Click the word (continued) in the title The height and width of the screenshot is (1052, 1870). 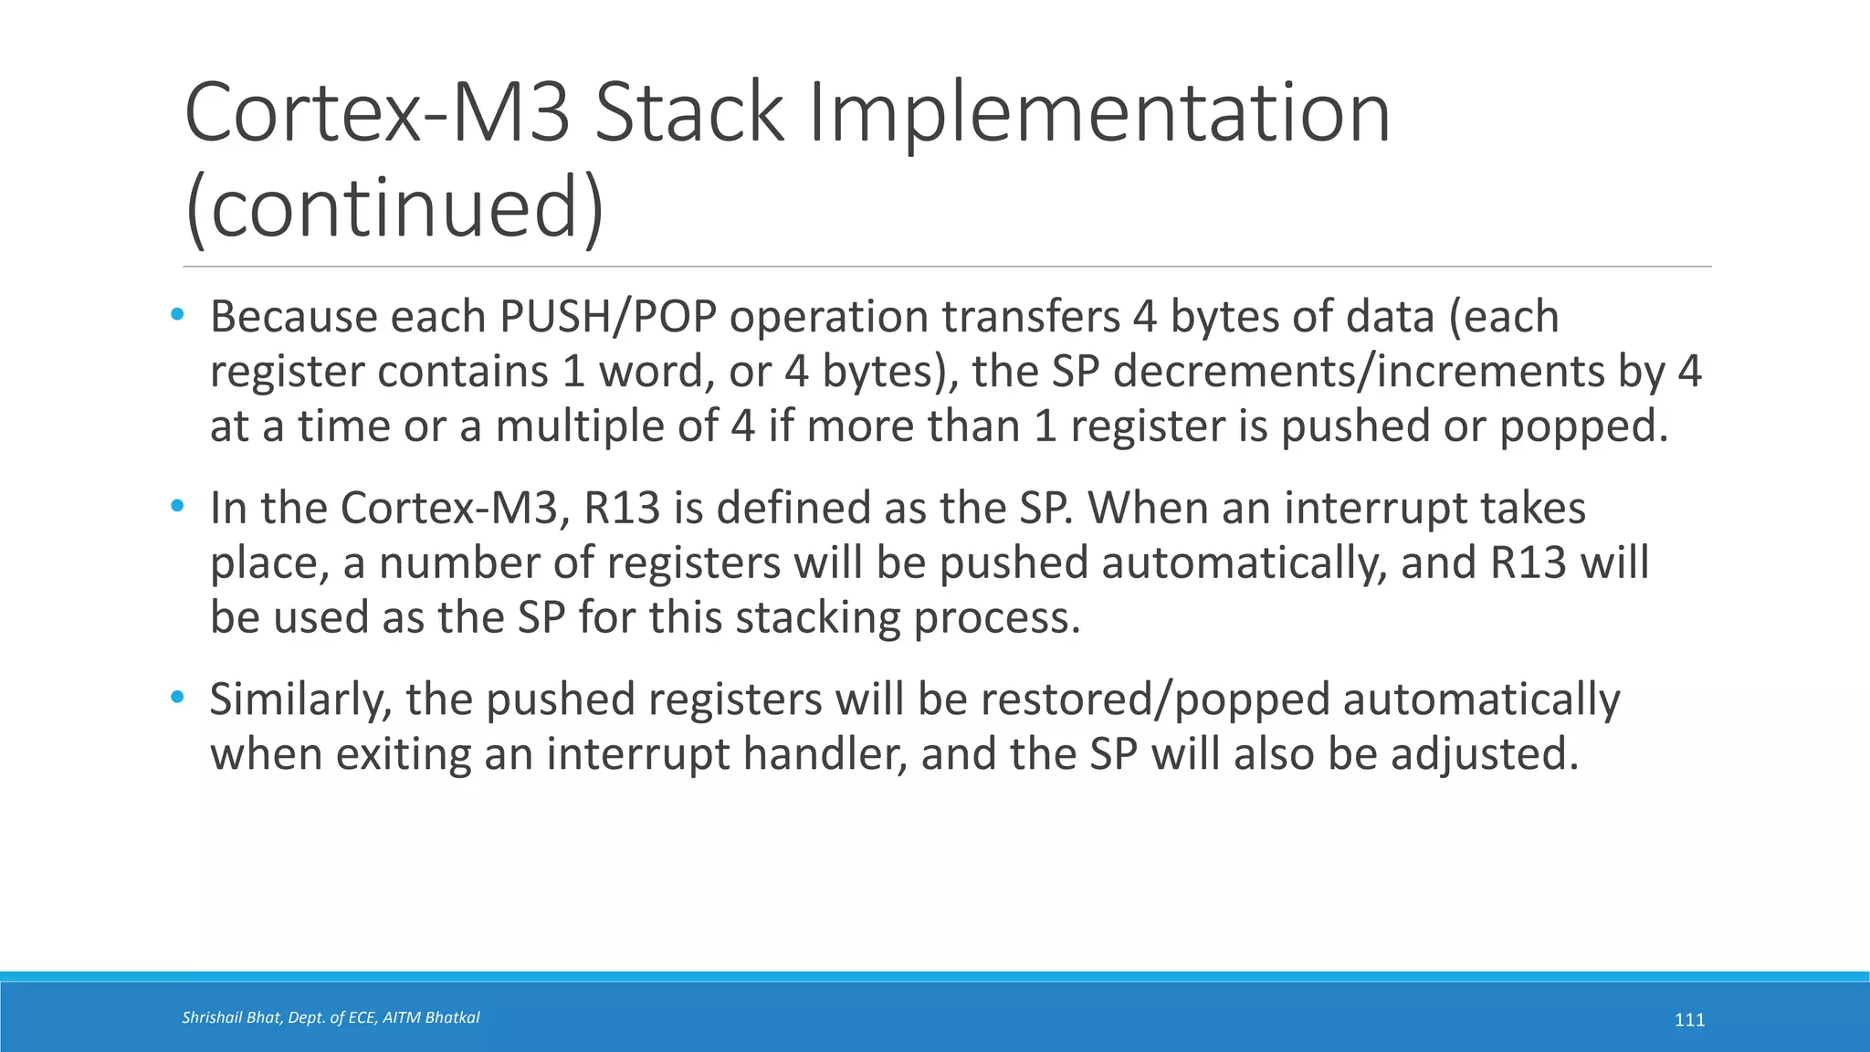point(394,207)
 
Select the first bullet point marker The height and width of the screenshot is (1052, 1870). point(177,316)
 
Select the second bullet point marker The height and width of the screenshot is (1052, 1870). point(177,507)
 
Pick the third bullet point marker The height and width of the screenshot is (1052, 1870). point(177,699)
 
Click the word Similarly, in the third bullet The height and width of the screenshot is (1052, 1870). point(301,700)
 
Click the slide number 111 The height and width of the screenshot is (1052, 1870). point(1689,1020)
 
